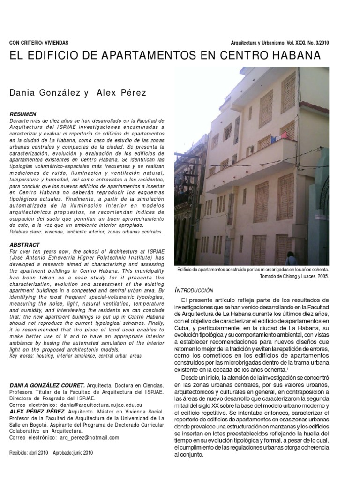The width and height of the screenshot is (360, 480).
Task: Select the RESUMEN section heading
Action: (x=22, y=114)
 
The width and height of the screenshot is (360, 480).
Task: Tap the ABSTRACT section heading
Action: (x=24, y=245)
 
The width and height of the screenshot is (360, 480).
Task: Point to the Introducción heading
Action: (x=195, y=290)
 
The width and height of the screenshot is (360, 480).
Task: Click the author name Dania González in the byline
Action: (x=46, y=93)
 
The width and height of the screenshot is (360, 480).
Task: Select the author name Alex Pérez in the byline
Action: (x=121, y=93)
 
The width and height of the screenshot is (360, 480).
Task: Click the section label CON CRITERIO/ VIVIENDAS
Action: (x=38, y=43)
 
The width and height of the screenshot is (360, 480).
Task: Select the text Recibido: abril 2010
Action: (x=29, y=453)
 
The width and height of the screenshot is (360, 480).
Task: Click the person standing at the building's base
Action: (x=291, y=259)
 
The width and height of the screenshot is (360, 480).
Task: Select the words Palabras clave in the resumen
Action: (x=25, y=232)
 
